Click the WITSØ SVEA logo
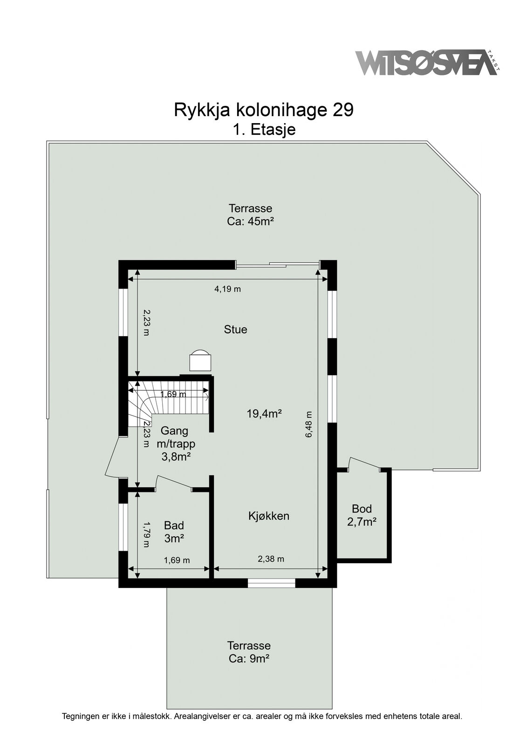pyautogui.click(x=427, y=62)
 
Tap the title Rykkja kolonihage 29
pyautogui.click(x=263, y=110)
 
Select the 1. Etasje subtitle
pyautogui.click(x=264, y=129)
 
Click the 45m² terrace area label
pyautogui.click(x=250, y=215)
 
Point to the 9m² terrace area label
pyautogui.click(x=249, y=652)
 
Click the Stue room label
pyautogui.click(x=235, y=330)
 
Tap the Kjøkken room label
pyautogui.click(x=269, y=516)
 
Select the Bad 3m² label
pyautogui.click(x=174, y=532)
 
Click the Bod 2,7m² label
pyautogui.click(x=362, y=515)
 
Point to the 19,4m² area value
pyautogui.click(x=264, y=414)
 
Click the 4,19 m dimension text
pyautogui.click(x=227, y=289)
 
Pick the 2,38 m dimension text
pyautogui.click(x=271, y=559)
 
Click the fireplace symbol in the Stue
pyautogui.click(x=200, y=360)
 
